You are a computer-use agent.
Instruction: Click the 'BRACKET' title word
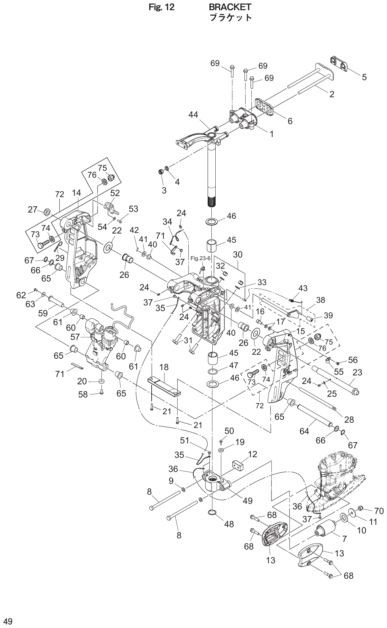pos(230,7)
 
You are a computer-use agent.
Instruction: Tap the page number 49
pos(8,621)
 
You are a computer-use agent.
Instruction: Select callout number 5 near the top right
pos(364,78)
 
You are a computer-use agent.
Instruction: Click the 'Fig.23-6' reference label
pos(198,258)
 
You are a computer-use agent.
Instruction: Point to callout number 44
pos(193,115)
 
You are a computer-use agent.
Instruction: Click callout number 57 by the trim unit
pos(75,337)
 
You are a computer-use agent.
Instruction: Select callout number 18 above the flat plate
pos(164,367)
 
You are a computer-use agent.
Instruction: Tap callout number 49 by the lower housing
pos(247,501)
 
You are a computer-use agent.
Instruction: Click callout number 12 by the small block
pos(252,454)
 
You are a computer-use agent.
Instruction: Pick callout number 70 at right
pos(379,511)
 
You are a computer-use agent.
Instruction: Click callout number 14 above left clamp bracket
pos(76,193)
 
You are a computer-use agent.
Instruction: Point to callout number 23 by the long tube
pos(357,372)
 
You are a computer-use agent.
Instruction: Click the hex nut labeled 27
pos(47,211)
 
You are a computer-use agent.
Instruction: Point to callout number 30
pos(238,255)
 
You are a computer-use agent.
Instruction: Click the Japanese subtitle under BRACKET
pos(230,17)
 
